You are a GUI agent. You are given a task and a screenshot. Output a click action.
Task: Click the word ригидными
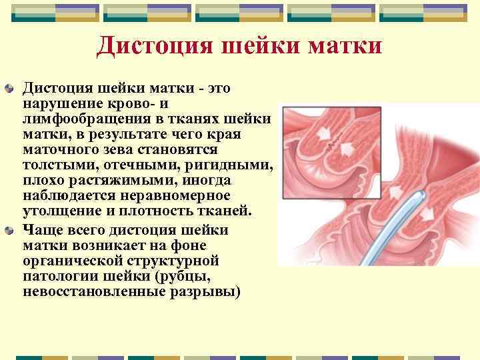(233, 165)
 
